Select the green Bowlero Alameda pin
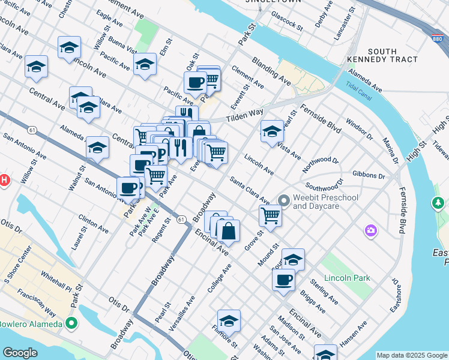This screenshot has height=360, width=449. (x=72, y=325)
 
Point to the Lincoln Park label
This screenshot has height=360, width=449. (x=347, y=278)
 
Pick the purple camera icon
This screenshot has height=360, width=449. (x=371, y=230)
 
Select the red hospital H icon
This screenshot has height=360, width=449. (x=4, y=179)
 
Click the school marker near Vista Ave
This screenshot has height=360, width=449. (x=272, y=131)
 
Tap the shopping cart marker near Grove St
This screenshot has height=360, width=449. (x=271, y=215)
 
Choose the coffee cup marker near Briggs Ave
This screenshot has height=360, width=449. (x=283, y=279)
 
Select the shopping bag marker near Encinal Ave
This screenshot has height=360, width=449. (x=228, y=231)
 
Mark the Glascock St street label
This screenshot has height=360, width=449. (x=286, y=19)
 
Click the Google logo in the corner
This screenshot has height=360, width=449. (x=20, y=353)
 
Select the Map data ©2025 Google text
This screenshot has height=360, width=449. (x=411, y=355)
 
